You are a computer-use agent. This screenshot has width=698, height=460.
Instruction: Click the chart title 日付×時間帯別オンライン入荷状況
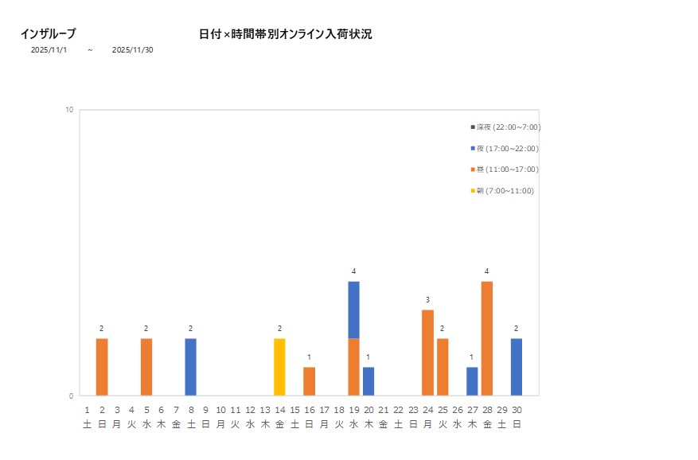click(x=285, y=34)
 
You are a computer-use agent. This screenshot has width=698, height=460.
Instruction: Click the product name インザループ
click(x=48, y=33)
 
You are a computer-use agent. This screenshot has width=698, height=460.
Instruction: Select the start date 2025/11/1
click(x=49, y=49)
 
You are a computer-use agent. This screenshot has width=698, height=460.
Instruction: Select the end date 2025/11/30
click(x=132, y=49)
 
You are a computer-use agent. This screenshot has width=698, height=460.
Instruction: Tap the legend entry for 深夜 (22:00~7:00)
click(x=508, y=127)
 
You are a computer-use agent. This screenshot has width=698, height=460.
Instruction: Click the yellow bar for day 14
click(x=279, y=367)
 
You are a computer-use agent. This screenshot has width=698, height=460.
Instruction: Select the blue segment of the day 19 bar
click(x=353, y=310)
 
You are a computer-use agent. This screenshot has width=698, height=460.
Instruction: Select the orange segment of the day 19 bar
click(x=353, y=367)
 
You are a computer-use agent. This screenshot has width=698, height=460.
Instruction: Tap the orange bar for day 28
click(x=487, y=338)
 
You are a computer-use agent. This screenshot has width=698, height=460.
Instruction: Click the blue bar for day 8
click(x=191, y=367)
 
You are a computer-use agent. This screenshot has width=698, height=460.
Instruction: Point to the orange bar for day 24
click(x=427, y=353)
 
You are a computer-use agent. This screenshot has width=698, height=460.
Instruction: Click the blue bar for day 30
click(x=517, y=367)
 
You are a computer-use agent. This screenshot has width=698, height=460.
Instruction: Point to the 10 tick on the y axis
click(x=69, y=110)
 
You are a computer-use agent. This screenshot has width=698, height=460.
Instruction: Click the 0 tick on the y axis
click(x=71, y=396)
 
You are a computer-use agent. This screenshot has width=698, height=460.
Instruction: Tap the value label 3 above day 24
click(x=427, y=300)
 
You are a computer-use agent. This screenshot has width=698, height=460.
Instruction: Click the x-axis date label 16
click(x=309, y=409)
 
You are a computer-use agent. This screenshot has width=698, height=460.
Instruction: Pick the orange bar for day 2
click(x=102, y=367)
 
